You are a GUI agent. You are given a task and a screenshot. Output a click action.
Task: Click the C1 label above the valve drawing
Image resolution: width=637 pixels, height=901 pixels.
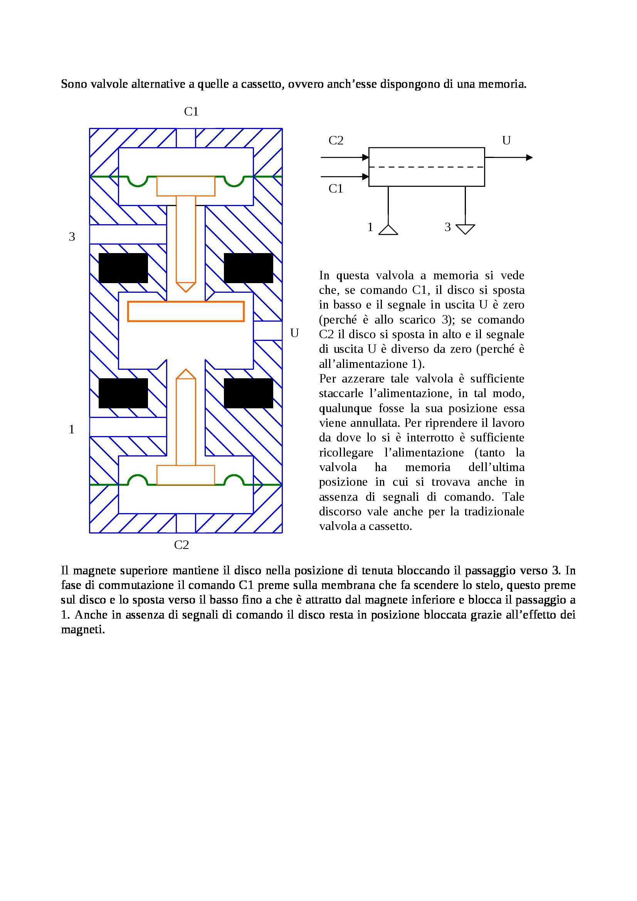(x=191, y=112)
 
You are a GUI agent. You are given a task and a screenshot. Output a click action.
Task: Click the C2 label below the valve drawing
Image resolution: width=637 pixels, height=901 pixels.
(x=182, y=545)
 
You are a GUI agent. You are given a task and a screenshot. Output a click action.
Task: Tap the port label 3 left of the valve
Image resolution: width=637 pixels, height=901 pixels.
(x=72, y=237)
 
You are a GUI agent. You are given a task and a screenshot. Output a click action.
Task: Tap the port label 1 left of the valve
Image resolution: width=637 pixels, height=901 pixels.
(x=71, y=429)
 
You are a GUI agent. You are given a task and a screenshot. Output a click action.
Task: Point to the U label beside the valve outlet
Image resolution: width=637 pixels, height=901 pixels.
(x=294, y=333)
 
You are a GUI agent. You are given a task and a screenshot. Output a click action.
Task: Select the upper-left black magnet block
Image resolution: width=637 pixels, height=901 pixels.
(x=123, y=268)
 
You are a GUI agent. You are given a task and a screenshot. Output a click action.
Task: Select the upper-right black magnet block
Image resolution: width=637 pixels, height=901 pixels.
(x=248, y=268)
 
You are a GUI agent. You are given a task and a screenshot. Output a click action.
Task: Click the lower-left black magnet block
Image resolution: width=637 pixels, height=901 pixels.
(x=123, y=393)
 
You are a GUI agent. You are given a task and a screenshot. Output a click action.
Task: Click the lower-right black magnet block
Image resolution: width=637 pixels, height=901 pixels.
(x=248, y=393)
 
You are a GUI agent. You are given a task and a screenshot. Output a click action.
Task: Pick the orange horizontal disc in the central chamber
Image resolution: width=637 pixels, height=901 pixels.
(x=186, y=311)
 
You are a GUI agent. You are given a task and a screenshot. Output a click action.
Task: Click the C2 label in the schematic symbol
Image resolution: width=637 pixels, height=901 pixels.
(x=336, y=141)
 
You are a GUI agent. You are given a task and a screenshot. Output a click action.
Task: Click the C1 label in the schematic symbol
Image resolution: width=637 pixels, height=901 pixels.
(x=336, y=189)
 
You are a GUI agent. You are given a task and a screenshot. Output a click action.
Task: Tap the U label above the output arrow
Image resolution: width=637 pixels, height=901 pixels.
(x=506, y=141)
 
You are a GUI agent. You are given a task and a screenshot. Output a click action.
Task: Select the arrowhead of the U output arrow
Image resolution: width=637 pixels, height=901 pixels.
(x=529, y=158)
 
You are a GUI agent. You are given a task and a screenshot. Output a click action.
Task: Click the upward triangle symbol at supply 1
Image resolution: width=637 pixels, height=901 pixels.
(x=388, y=230)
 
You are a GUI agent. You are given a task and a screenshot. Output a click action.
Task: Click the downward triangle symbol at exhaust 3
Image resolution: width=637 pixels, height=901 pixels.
(x=466, y=229)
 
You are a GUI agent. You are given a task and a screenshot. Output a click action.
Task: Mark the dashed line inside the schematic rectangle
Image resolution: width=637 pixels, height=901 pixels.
(x=427, y=167)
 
